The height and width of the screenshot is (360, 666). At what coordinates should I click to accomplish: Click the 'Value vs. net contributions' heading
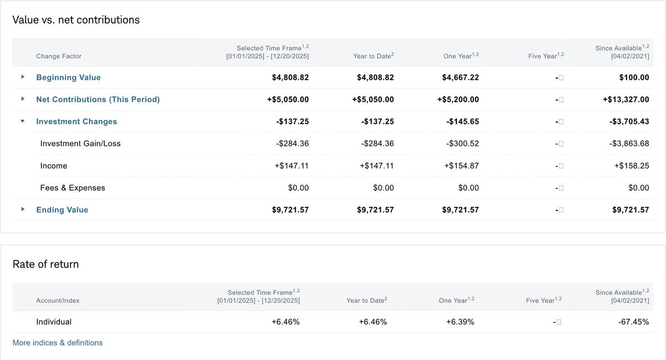point(76,20)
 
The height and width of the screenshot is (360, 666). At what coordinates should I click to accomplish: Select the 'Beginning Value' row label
point(68,78)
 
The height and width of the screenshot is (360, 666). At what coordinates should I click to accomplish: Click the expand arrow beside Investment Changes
point(23,121)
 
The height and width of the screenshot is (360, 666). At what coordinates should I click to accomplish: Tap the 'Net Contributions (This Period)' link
point(98,99)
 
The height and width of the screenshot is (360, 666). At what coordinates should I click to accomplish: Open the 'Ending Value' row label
point(62,210)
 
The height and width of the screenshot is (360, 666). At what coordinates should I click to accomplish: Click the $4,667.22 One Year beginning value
point(460,78)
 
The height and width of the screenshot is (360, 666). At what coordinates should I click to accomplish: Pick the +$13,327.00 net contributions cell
point(625,99)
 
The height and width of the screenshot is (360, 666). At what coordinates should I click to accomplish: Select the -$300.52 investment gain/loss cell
point(462,144)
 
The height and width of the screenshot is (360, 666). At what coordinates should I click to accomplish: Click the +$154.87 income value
point(461,166)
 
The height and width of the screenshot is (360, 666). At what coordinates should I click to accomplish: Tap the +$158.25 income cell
point(631,166)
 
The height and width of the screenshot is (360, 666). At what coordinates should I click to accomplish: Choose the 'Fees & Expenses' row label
point(73,188)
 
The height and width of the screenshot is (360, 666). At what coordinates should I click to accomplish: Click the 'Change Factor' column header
point(59,56)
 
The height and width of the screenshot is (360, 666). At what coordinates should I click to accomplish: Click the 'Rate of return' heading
point(46,264)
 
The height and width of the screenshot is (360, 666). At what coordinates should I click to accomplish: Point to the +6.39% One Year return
point(460,322)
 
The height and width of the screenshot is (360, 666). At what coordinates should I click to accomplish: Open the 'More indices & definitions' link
point(57,343)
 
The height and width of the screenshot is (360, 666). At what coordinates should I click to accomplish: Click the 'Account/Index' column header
point(58,301)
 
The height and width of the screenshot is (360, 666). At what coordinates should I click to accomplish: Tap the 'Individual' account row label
point(54,322)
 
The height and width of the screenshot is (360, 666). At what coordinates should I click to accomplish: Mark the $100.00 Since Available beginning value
point(634,78)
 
